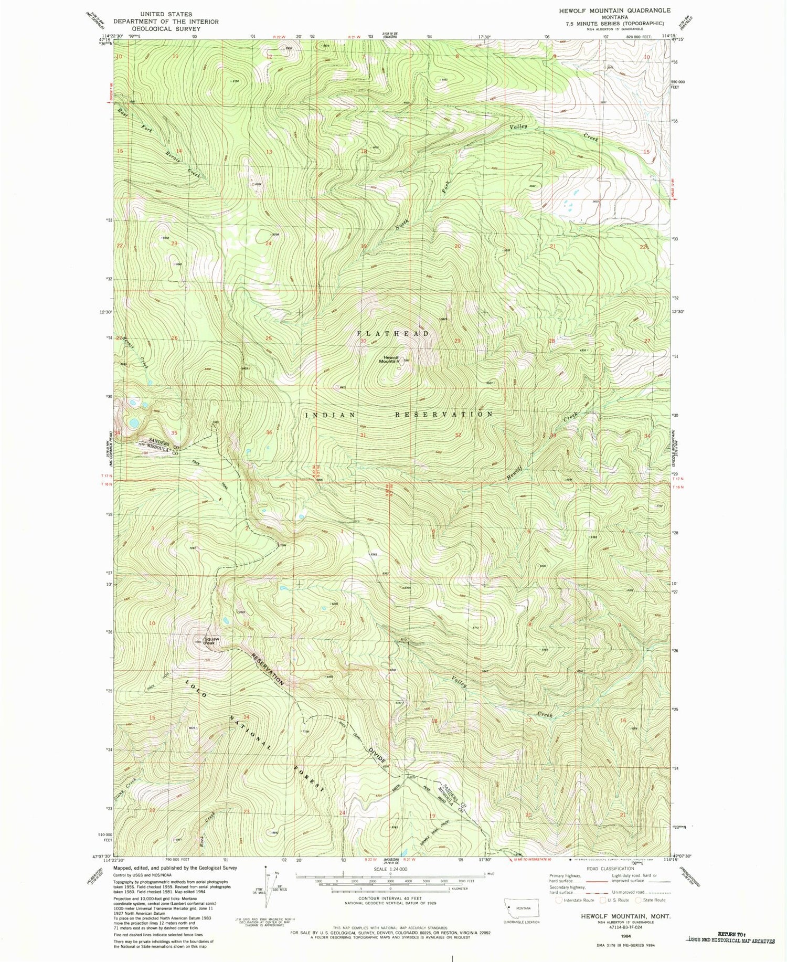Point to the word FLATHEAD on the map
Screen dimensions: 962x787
[x=393, y=333]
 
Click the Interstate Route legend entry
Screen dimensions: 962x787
[x=576, y=900]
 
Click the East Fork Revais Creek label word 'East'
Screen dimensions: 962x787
[x=123, y=112]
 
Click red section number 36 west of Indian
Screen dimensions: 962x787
[x=269, y=432]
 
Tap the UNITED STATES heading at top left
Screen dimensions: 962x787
[x=166, y=14]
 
